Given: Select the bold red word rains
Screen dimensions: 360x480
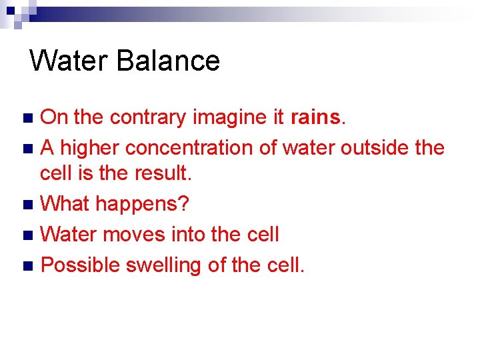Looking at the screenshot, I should tap(315, 117).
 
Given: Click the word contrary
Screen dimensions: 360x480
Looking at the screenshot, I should tap(148, 117).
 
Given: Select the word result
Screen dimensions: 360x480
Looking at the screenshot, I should tap(165, 174).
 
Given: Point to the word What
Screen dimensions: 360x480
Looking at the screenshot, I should tap(65, 203).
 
